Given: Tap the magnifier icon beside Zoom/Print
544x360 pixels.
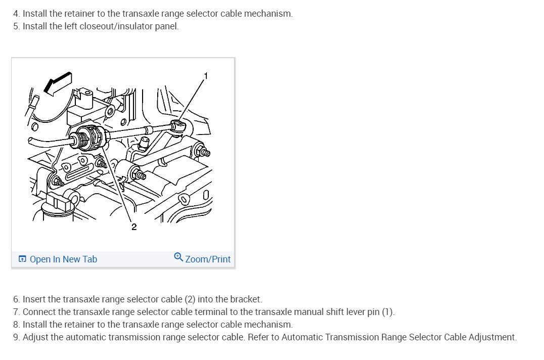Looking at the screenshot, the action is [x=178, y=257].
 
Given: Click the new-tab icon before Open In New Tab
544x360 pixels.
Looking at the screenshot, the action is [x=22, y=259].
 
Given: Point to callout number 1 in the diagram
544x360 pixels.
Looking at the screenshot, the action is [x=206, y=76].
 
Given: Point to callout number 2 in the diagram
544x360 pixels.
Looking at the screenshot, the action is [x=134, y=227].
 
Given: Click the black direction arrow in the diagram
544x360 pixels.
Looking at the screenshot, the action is [x=58, y=83].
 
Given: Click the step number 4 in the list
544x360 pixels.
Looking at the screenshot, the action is [x=16, y=14].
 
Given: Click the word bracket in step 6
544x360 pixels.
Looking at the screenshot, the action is [x=246, y=299].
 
